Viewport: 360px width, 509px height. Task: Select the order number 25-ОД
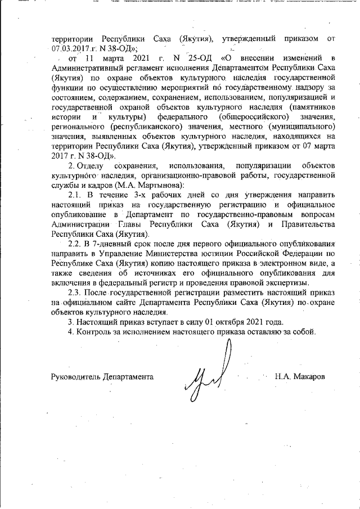196,58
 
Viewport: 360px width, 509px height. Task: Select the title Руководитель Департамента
102,376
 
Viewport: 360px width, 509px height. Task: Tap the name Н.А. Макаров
299,376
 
